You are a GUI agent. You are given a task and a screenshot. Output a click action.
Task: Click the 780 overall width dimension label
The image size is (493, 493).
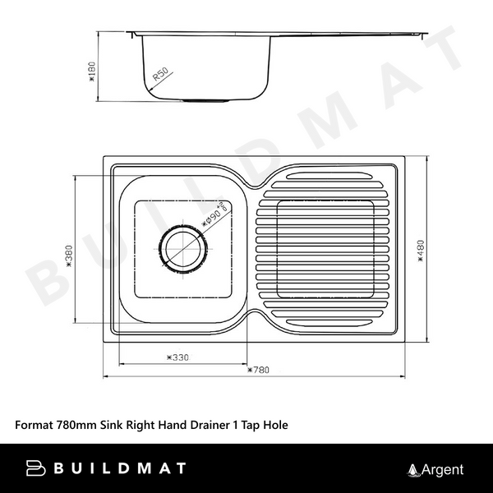pos(258,370)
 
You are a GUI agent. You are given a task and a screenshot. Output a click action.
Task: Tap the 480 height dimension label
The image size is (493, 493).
pos(419,247)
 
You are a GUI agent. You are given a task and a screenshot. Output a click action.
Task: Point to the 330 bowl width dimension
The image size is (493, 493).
pos(177,357)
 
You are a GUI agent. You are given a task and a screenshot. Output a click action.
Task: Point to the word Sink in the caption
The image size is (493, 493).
pos(112,426)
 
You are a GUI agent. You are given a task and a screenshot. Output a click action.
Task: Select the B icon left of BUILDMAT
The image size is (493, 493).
pos(35,469)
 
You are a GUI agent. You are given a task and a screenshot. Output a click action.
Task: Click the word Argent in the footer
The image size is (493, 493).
pos(442,470)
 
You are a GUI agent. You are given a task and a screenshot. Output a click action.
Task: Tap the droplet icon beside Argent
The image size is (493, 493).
pos(413,470)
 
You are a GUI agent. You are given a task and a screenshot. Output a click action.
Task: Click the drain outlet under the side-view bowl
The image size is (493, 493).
pos(206,100)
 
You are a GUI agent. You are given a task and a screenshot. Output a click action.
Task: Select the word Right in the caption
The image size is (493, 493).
pos(142,426)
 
